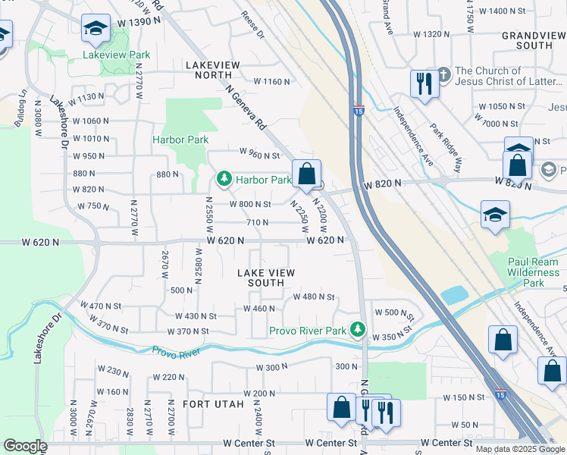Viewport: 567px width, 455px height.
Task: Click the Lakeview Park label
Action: click(x=117, y=55)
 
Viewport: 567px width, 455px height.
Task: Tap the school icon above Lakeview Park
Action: click(x=96, y=29)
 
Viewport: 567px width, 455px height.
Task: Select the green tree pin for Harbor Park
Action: click(x=224, y=180)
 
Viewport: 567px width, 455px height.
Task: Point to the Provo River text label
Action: click(x=176, y=352)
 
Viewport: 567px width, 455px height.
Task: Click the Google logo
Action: click(x=24, y=446)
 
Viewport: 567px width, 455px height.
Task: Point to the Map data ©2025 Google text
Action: click(x=521, y=449)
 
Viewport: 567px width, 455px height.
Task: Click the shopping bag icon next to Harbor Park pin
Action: click(x=306, y=174)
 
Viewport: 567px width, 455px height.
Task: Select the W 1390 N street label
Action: click(x=139, y=24)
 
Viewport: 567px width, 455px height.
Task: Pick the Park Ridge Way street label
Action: click(x=446, y=138)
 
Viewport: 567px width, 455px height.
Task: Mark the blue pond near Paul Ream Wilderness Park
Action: click(x=454, y=295)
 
